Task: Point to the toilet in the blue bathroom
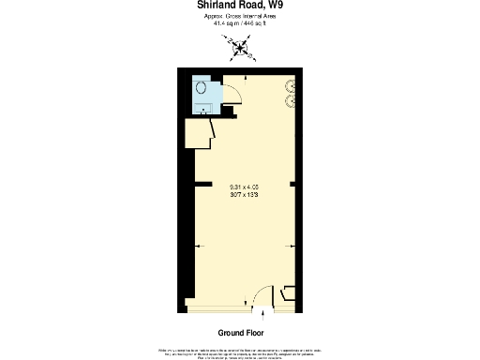pyautogui.click(x=202, y=87)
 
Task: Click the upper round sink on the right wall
pyautogui.click(x=291, y=84)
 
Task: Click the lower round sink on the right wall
pyautogui.click(x=291, y=101)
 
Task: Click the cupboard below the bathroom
pyautogui.click(x=199, y=133)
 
